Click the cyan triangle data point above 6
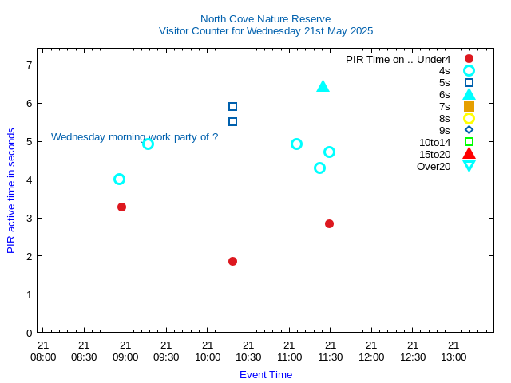323,86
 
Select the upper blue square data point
232,106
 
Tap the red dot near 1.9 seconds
232,261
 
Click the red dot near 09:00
121,207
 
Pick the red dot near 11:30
329,223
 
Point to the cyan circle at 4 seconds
119,179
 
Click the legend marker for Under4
469,59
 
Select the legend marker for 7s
469,106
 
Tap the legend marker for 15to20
469,154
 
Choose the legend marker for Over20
469,166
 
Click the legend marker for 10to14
469,142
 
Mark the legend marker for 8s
469,118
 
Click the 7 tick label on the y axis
29,65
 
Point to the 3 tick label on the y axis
29,218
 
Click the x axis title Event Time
266,374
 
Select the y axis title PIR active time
11,190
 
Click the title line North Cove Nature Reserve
265,18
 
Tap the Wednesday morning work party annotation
134,136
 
